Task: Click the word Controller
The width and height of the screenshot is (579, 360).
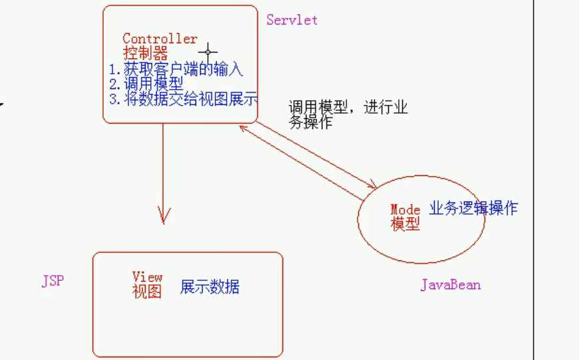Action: click(x=160, y=39)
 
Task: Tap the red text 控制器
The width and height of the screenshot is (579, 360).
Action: click(x=145, y=53)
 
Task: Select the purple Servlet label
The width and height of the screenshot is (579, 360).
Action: click(x=292, y=20)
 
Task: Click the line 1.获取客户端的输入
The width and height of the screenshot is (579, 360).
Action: click(x=176, y=68)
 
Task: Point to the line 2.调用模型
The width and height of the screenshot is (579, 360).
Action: click(x=146, y=83)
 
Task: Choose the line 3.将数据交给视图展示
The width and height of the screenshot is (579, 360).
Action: click(x=183, y=98)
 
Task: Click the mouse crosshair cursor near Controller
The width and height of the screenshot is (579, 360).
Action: click(x=208, y=51)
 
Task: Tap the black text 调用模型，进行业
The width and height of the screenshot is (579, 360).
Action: click(x=348, y=108)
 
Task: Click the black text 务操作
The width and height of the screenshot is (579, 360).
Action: click(x=310, y=123)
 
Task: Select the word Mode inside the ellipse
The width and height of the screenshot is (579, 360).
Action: click(x=405, y=210)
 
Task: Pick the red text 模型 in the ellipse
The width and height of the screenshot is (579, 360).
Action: click(x=405, y=224)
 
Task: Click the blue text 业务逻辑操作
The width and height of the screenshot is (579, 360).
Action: click(x=473, y=209)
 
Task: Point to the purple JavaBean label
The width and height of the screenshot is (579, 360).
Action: click(x=450, y=285)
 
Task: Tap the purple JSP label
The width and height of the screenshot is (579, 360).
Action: click(x=53, y=281)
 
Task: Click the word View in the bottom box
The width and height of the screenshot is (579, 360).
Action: click(x=147, y=276)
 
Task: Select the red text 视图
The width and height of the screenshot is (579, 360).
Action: click(x=147, y=291)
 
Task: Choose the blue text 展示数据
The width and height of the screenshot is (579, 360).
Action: click(x=209, y=287)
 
